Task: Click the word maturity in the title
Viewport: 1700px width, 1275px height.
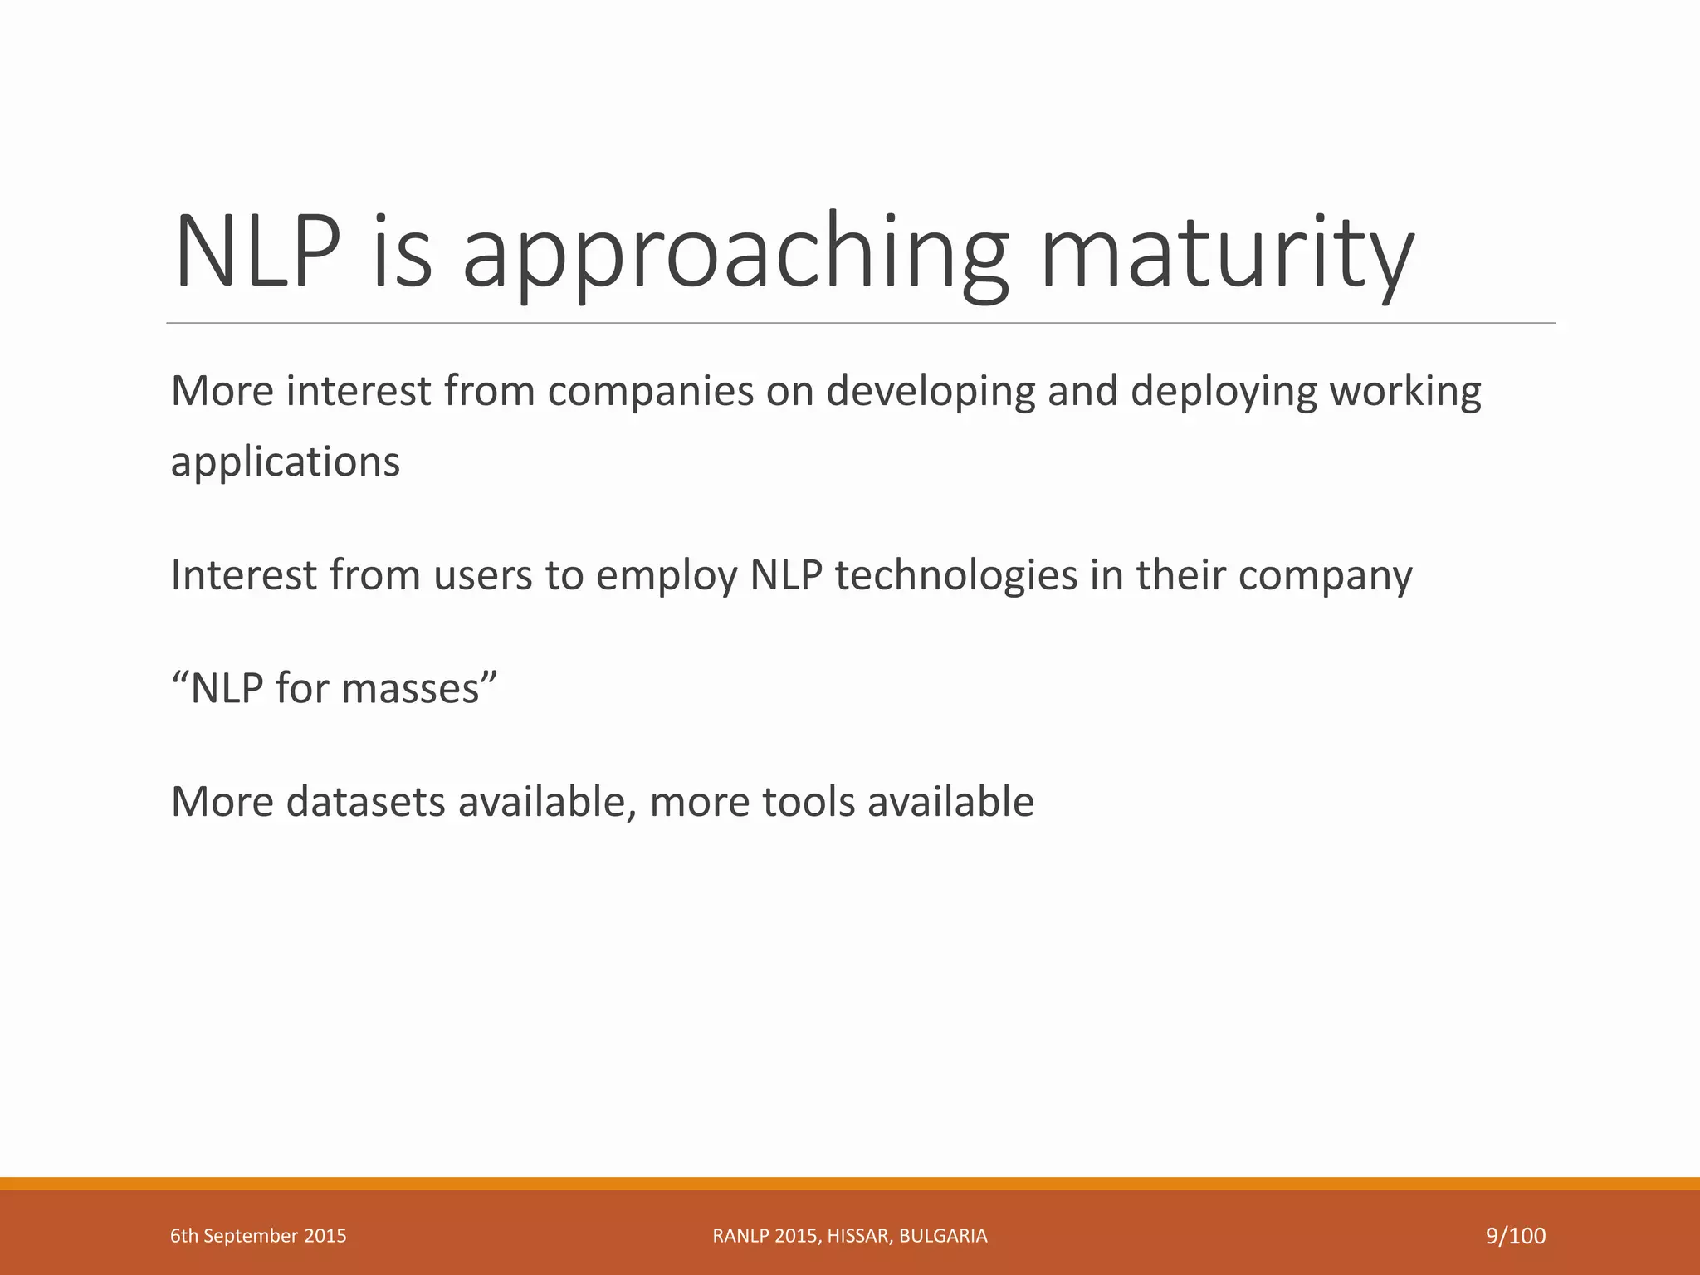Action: click(x=1226, y=253)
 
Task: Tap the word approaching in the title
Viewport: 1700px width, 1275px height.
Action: click(x=735, y=253)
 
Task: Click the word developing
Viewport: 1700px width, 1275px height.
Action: click(x=931, y=391)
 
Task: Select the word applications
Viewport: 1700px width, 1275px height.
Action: click(x=285, y=462)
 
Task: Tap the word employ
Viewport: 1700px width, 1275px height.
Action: click(x=667, y=575)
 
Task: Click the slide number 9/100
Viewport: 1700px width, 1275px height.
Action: click(x=1516, y=1236)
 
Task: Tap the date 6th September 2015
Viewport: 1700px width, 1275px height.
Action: click(x=258, y=1236)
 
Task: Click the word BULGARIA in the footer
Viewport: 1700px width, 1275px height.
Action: click(x=943, y=1236)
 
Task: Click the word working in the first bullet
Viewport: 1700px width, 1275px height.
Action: click(x=1405, y=391)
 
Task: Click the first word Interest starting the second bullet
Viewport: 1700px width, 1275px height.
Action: click(x=243, y=575)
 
